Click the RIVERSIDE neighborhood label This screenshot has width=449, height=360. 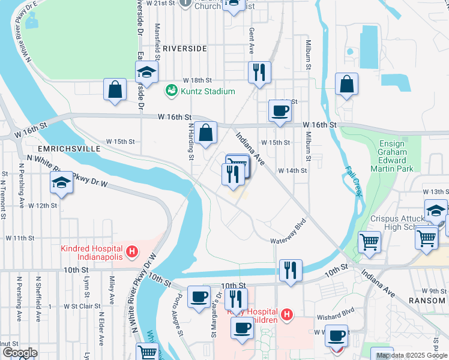[x=184, y=48]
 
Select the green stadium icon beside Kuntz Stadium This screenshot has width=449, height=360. [x=171, y=91]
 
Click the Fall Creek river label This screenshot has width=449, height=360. [x=353, y=181]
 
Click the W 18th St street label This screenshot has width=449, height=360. [x=198, y=80]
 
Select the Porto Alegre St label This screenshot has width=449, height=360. [x=178, y=314]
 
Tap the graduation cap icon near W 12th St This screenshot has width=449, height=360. [x=61, y=183]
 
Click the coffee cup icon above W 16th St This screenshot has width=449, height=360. [x=280, y=111]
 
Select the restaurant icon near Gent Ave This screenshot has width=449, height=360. [x=259, y=73]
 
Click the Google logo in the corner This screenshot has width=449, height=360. [x=20, y=352]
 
